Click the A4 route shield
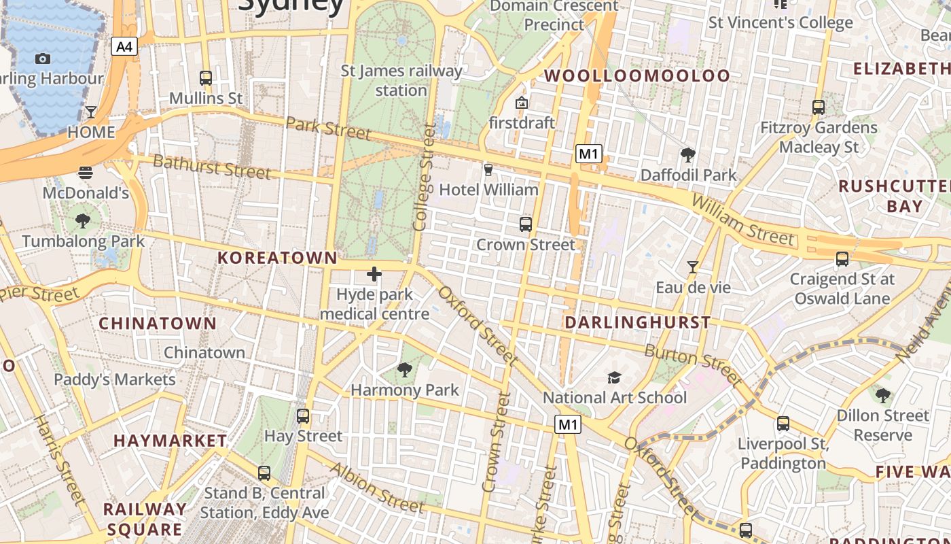tap(124, 46)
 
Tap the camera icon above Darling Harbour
tap(43, 59)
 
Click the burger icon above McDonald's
tap(86, 173)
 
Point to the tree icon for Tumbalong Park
tap(83, 221)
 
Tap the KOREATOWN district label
tap(277, 258)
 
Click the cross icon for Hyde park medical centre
tap(374, 274)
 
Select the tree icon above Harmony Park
tap(405, 370)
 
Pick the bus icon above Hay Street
tap(303, 415)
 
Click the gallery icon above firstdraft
tap(522, 103)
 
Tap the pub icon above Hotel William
tap(488, 169)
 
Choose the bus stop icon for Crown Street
tap(525, 224)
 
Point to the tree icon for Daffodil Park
tap(688, 155)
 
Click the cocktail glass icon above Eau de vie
tap(693, 267)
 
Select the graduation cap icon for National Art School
tap(614, 377)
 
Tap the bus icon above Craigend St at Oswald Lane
tap(842, 258)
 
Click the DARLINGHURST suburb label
tap(638, 322)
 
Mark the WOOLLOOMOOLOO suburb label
tap(637, 75)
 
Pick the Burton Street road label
tap(693, 365)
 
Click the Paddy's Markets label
tap(115, 379)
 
